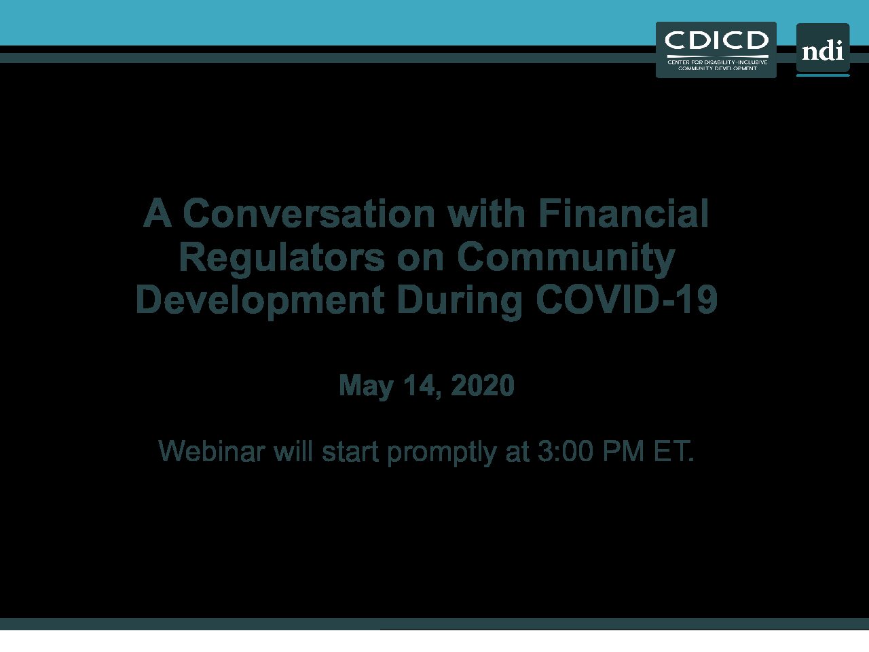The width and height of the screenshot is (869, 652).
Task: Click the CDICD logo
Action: pos(716,50)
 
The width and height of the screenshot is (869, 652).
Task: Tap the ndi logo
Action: pos(823,50)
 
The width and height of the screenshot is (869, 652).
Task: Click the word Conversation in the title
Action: pos(309,214)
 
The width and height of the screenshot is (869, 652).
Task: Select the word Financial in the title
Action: pos(623,213)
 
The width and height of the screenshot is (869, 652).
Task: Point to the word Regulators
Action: pos(282,257)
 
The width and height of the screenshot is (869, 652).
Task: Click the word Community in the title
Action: pos(566,257)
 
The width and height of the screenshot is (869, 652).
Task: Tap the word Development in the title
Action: pos(260,300)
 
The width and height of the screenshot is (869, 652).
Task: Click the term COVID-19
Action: pos(627,300)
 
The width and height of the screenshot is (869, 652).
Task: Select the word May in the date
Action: pos(366,385)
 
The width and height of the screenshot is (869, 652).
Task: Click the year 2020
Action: pos(483,385)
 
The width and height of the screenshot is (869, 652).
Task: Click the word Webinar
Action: pos(212,451)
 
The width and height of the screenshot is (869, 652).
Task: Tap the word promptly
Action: pos(442,452)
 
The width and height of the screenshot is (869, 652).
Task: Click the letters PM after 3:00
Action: pos(623,451)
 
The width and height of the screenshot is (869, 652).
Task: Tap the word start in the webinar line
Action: pos(350,452)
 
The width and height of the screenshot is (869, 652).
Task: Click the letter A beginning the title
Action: pos(158,213)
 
